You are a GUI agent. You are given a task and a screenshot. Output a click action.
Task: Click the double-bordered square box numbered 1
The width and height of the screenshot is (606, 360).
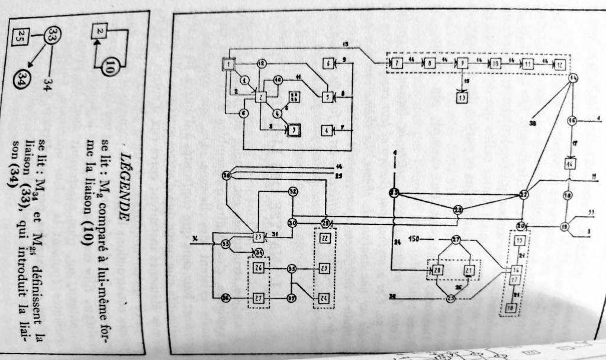tap(228, 64)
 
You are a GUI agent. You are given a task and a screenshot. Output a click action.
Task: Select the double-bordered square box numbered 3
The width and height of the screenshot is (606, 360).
tap(293, 130)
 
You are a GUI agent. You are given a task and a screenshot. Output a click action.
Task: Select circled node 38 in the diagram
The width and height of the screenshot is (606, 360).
tap(227, 176)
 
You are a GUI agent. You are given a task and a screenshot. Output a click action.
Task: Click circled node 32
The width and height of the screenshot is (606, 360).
tap(293, 191)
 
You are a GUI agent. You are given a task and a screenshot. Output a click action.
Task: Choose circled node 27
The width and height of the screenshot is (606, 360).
tap(456, 240)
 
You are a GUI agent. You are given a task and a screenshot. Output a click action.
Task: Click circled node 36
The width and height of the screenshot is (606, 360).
tap(225, 297)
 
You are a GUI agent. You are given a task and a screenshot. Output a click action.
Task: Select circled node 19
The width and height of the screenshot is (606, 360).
tap(565, 226)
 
